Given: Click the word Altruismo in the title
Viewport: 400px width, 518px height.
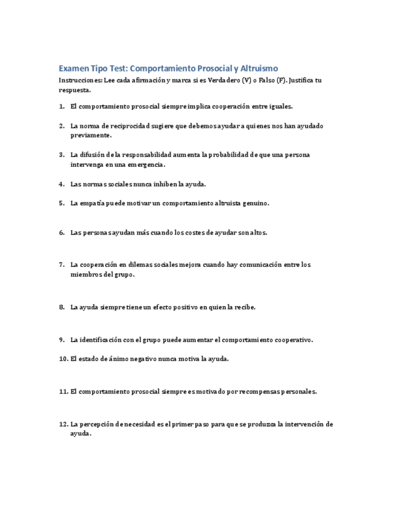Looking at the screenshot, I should (x=257, y=68).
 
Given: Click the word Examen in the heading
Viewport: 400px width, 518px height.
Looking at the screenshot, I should (x=73, y=68).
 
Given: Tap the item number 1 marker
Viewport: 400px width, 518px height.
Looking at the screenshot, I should (x=62, y=106).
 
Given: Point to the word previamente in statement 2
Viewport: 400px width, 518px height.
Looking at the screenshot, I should (x=91, y=135).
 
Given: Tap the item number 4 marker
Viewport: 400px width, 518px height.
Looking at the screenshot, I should (x=62, y=184).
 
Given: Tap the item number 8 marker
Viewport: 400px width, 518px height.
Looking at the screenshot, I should (x=62, y=307).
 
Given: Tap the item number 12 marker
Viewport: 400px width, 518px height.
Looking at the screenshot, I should (x=63, y=424).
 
